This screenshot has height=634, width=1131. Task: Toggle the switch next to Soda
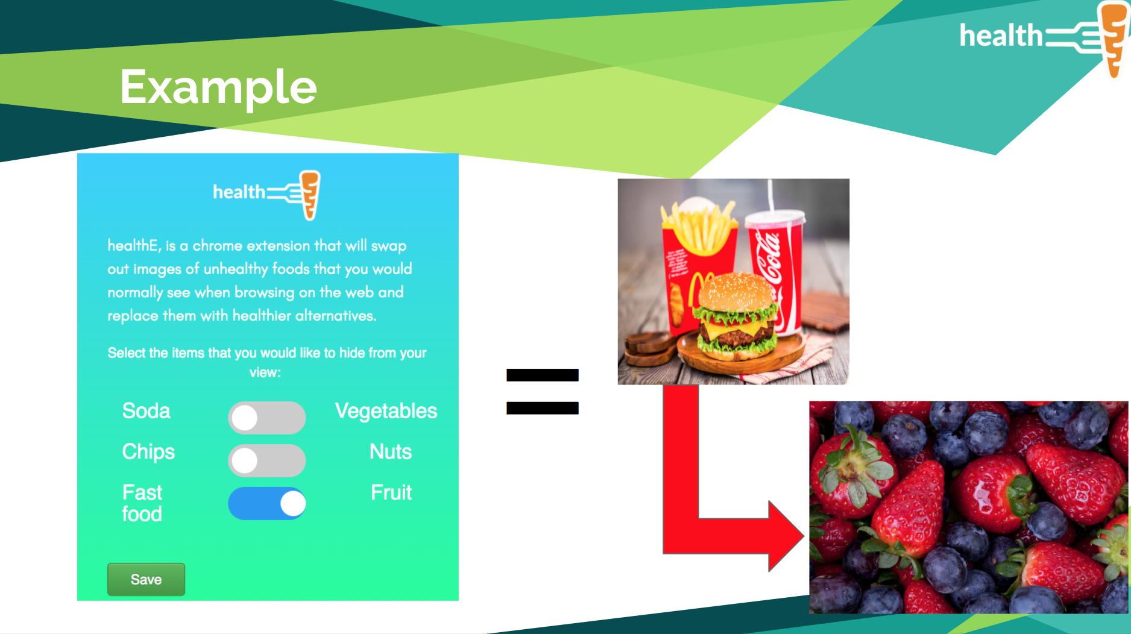pos(266,418)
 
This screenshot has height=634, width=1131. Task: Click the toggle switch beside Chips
pos(266,461)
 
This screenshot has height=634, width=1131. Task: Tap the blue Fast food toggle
pos(266,503)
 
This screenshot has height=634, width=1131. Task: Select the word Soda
pos(146,411)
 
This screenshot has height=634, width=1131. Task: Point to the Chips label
pos(148,452)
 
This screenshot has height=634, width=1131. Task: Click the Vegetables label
pos(386,412)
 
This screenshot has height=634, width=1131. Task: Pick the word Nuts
pos(391,452)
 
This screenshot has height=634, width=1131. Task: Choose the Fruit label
pos(391,493)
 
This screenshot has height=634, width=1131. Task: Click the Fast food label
pos(142,503)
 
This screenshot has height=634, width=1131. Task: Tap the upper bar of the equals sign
pos(543,375)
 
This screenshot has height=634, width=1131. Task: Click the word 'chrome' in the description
pos(218,246)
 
